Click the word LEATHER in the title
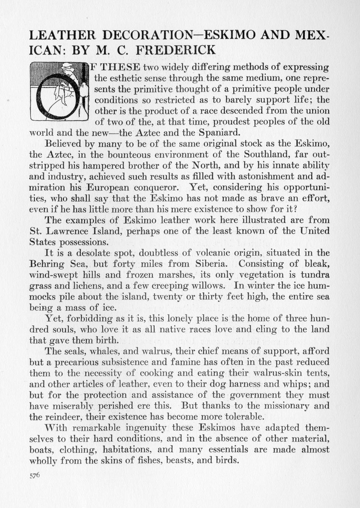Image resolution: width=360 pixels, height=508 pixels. click(x=62, y=35)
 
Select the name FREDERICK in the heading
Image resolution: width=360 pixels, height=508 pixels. click(x=176, y=50)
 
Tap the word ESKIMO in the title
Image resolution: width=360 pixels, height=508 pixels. click(x=230, y=35)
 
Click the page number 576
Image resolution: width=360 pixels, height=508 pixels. click(x=34, y=475)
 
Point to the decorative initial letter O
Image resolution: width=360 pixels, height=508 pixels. click(x=59, y=92)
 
